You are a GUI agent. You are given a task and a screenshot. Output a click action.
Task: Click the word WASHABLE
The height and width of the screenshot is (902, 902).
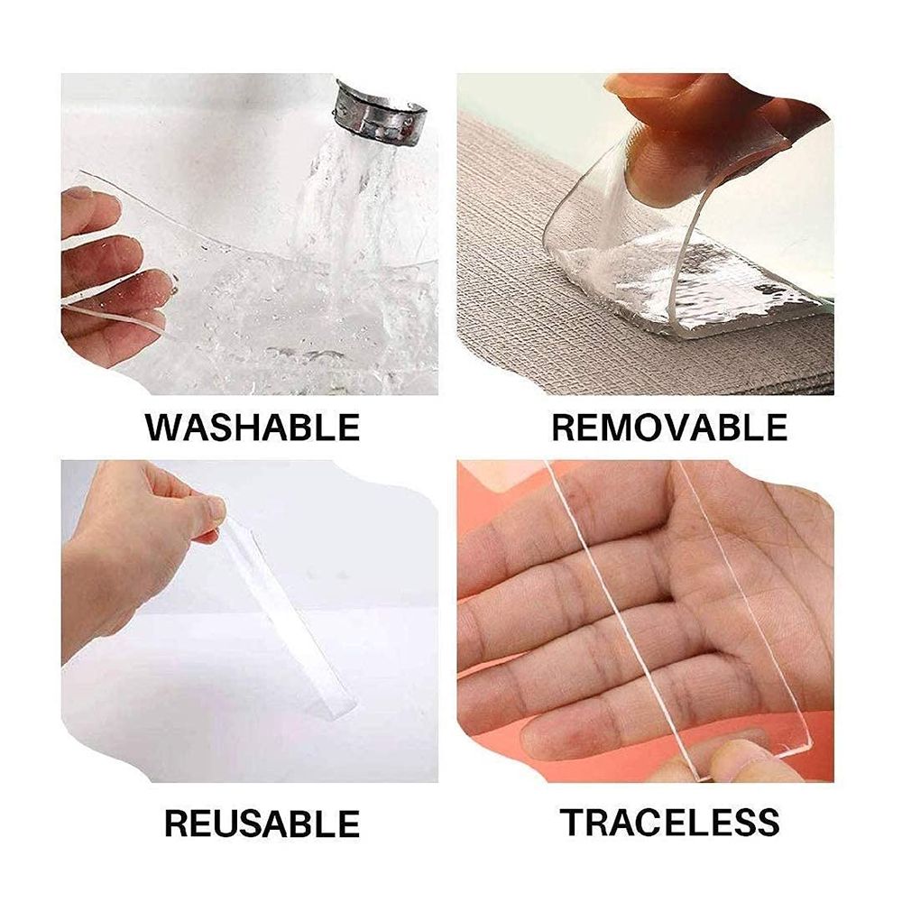click(x=252, y=426)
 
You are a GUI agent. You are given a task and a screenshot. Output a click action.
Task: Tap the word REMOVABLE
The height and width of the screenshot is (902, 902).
click(x=669, y=426)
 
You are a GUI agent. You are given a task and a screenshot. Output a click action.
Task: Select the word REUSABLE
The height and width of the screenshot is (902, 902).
click(x=262, y=823)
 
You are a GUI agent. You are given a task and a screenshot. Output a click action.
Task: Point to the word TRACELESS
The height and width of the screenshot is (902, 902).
click(x=669, y=822)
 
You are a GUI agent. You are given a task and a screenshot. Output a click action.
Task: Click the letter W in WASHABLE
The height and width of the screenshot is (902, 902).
click(x=165, y=426)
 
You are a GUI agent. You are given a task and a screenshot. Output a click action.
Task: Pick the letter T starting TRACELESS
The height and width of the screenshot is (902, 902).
click(x=572, y=822)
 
